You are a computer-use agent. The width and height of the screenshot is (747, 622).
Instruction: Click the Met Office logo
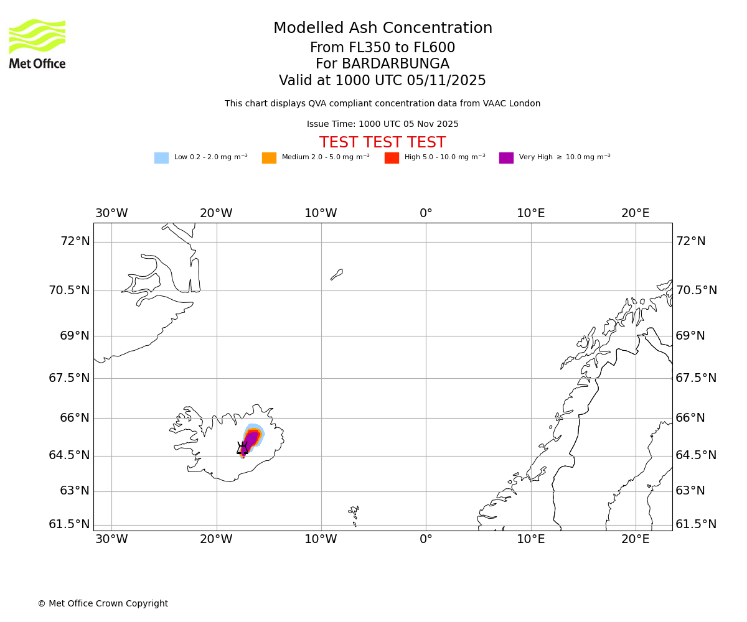pyautogui.click(x=37, y=44)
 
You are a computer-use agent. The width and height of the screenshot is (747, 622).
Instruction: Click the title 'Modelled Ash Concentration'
pyautogui.click(x=382, y=29)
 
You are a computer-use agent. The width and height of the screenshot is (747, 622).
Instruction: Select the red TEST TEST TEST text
pyautogui.click(x=382, y=143)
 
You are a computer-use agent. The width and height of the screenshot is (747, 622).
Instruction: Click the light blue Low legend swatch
pyautogui.click(x=161, y=158)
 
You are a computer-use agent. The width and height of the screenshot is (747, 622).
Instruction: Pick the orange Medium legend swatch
pyautogui.click(x=269, y=158)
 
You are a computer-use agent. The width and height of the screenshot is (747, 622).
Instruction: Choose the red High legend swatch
pyautogui.click(x=392, y=158)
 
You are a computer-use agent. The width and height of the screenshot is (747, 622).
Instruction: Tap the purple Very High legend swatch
pyautogui.click(x=506, y=158)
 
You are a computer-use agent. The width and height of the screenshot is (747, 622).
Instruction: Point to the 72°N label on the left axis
pyautogui.click(x=75, y=241)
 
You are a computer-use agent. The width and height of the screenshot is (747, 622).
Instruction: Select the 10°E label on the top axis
pyautogui.click(x=530, y=213)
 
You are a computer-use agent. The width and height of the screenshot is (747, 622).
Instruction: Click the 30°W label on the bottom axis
pyautogui.click(x=111, y=539)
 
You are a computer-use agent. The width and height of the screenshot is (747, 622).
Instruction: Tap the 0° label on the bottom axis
pyautogui.click(x=426, y=539)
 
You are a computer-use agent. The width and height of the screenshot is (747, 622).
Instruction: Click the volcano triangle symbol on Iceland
pyautogui.click(x=242, y=448)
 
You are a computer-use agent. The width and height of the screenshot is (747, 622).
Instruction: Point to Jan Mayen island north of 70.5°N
pyautogui.click(x=337, y=274)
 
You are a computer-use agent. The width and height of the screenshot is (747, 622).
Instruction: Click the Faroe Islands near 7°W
pyautogui.click(x=354, y=513)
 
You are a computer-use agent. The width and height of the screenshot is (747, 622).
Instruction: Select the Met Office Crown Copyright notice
pyautogui.click(x=103, y=604)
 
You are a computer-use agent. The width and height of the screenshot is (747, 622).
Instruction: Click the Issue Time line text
pyautogui.click(x=382, y=124)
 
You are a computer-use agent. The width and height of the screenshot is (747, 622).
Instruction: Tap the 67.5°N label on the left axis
pyautogui.click(x=69, y=378)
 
